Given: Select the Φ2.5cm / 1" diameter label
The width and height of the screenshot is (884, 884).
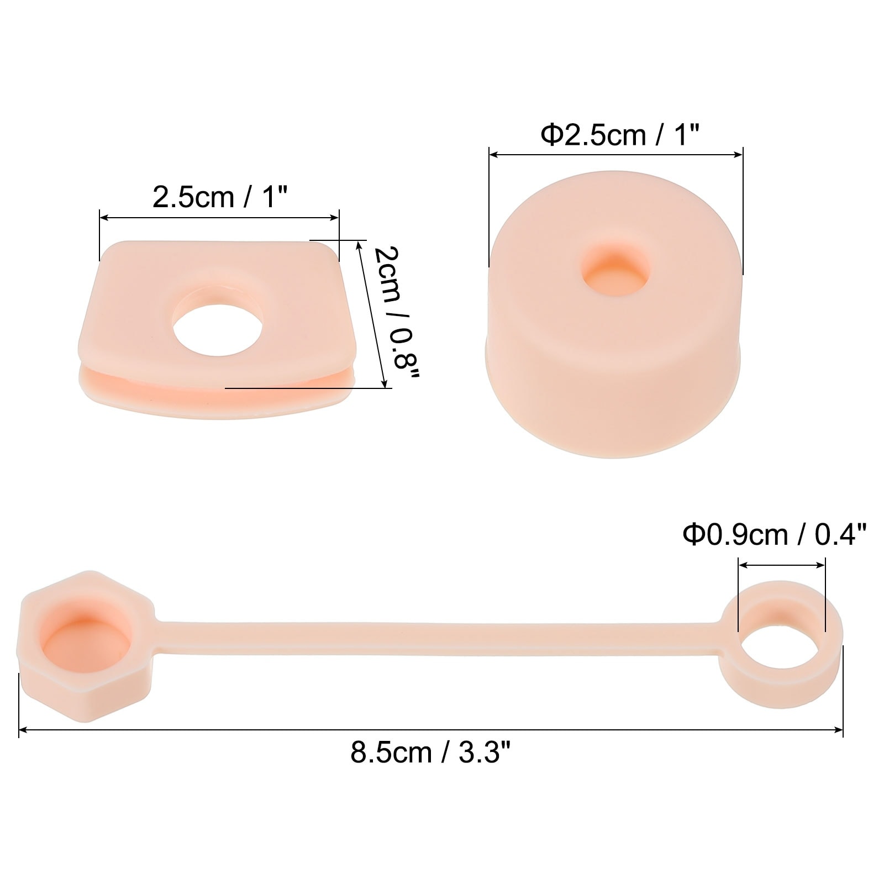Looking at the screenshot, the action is [x=620, y=134].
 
